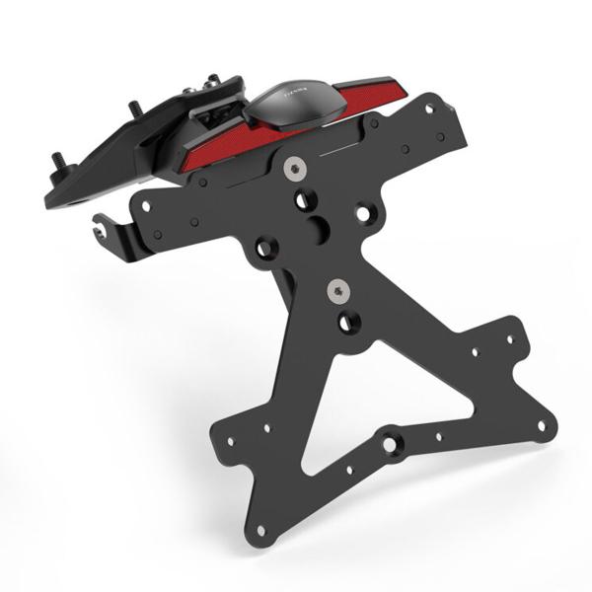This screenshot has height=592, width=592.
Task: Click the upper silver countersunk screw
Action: click(291, 169)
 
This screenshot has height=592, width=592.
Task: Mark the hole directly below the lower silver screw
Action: click(345, 322)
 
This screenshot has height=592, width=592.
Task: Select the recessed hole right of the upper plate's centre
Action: click(367, 211)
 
